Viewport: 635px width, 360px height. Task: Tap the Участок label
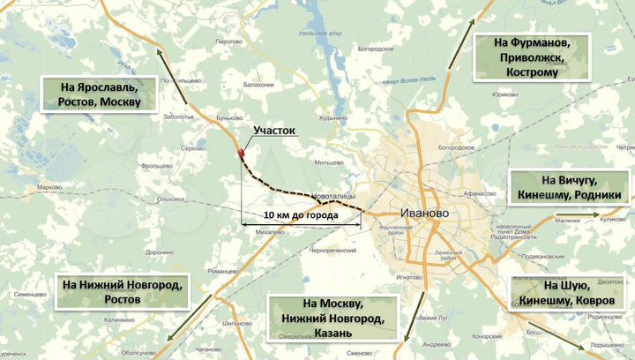(274, 131)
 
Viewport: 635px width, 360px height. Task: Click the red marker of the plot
(240, 155)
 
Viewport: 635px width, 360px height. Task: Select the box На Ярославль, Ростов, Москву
(101, 94)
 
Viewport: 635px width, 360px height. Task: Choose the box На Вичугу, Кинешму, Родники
(571, 187)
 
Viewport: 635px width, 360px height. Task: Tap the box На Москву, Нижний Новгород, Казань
(332, 318)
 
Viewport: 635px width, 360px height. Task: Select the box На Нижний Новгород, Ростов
(122, 292)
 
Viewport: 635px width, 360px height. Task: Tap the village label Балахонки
(259, 85)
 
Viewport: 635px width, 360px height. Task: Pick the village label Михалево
(270, 232)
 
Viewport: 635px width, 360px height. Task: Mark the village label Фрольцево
(156, 165)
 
